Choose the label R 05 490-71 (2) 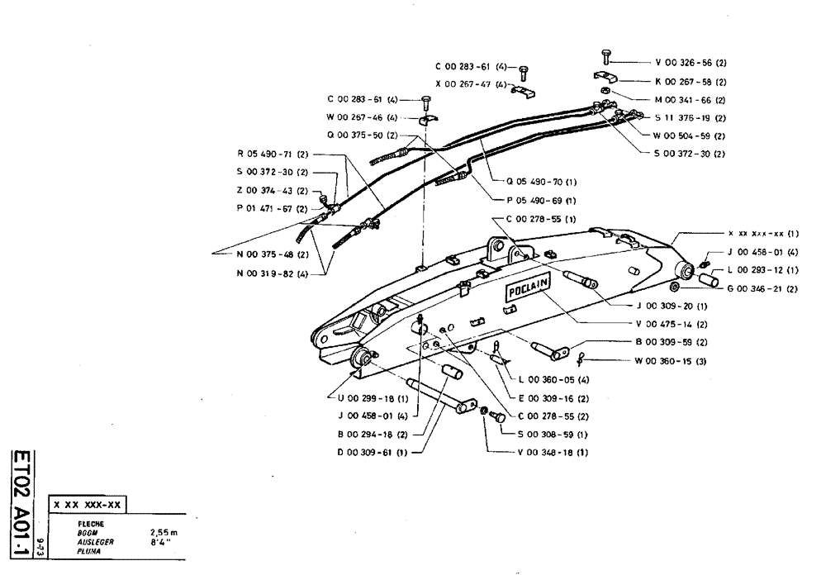272,154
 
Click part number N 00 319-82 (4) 272,273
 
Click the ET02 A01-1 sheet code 24,497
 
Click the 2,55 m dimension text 164,532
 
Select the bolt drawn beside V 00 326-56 605,57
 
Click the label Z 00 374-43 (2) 272,191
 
